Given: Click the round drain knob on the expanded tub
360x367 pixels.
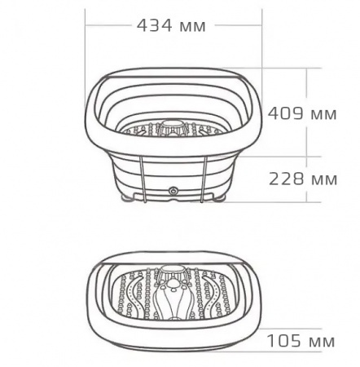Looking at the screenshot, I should tap(173, 190).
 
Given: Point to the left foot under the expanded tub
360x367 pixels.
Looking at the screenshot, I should tap(130, 197).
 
